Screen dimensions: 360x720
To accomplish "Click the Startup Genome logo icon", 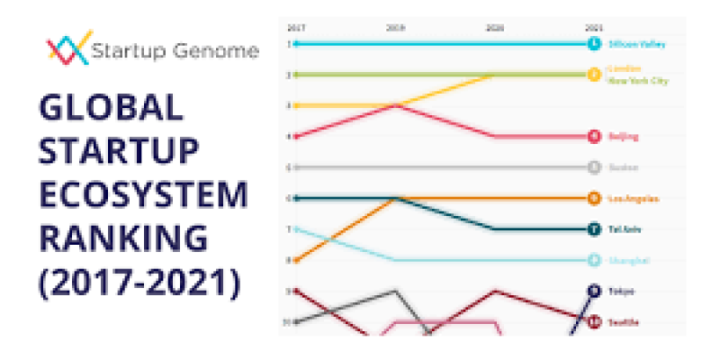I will (x=68, y=49).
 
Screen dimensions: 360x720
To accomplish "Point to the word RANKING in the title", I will (x=122, y=240).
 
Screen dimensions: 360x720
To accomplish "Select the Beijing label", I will (x=624, y=137).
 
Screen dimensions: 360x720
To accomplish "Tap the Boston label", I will (x=624, y=167).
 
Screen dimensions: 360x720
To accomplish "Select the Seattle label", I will (x=625, y=321).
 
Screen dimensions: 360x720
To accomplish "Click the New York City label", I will (x=639, y=81).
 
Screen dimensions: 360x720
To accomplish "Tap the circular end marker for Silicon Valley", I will (x=593, y=43).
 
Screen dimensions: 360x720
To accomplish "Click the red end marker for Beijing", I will (x=593, y=137).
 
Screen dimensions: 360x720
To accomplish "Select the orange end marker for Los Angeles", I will (x=593, y=198).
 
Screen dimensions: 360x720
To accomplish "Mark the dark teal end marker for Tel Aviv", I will (x=593, y=229).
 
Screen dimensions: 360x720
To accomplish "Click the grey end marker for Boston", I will (x=593, y=167).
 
